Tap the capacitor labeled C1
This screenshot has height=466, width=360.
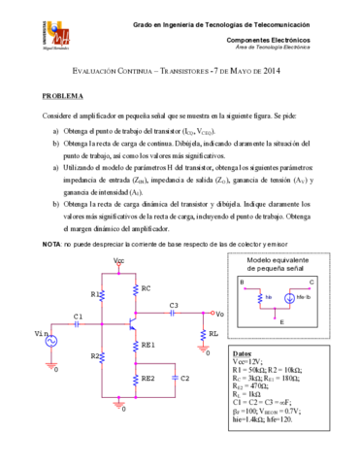tap(78, 326)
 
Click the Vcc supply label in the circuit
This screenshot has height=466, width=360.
tap(118, 261)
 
